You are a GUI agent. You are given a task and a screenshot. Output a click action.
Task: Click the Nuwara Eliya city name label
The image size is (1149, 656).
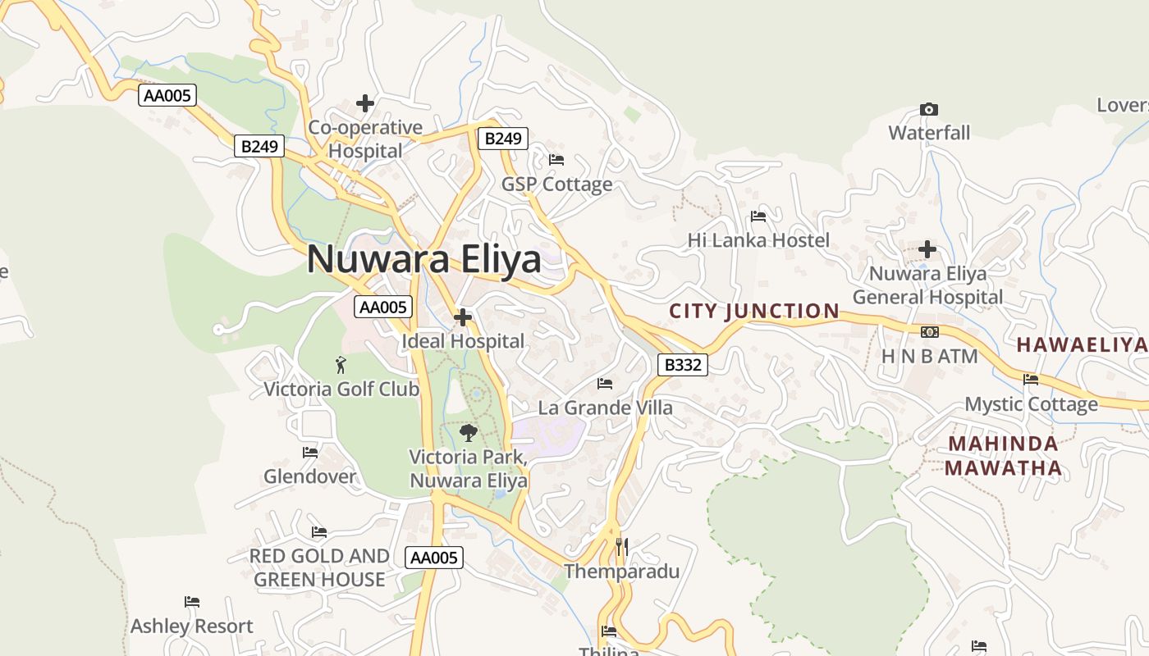click(423, 260)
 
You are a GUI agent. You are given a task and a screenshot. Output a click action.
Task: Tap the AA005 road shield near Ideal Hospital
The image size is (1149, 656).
click(383, 307)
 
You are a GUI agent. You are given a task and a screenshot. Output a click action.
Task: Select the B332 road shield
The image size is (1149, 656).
click(683, 365)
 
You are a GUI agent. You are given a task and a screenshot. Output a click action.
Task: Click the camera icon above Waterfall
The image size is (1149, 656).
click(929, 109)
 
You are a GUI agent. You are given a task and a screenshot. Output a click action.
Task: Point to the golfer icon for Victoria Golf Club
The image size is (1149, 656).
click(341, 365)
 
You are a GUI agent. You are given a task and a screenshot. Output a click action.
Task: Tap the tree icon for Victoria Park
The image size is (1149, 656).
click(469, 432)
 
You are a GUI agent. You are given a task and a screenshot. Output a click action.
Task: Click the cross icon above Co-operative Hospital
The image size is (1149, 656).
click(365, 103)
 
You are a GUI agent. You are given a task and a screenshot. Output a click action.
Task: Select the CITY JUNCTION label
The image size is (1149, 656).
click(754, 312)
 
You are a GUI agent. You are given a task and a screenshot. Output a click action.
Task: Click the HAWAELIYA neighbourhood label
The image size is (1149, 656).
click(1081, 345)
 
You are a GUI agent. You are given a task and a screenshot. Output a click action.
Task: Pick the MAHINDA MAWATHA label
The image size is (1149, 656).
click(1003, 456)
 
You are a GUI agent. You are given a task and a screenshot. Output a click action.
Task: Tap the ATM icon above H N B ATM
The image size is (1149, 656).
click(929, 332)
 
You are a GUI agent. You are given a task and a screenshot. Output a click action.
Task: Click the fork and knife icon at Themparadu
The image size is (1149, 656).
click(621, 546)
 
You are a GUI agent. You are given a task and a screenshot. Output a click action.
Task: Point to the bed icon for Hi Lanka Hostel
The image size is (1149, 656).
click(758, 216)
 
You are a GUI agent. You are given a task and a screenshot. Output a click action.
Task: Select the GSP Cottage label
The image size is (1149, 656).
click(556, 184)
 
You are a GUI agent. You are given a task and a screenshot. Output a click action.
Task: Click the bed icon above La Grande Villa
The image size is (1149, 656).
click(605, 383)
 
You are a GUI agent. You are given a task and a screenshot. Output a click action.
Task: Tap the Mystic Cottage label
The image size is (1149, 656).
click(1031, 404)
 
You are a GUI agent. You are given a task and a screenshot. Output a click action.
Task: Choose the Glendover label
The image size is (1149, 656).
click(309, 476)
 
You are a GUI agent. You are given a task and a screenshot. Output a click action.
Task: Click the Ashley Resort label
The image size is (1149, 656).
click(192, 626)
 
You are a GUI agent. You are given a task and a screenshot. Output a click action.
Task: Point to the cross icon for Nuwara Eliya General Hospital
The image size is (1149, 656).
click(927, 248)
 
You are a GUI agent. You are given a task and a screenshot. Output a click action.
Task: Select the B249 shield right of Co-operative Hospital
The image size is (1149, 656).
click(502, 139)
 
